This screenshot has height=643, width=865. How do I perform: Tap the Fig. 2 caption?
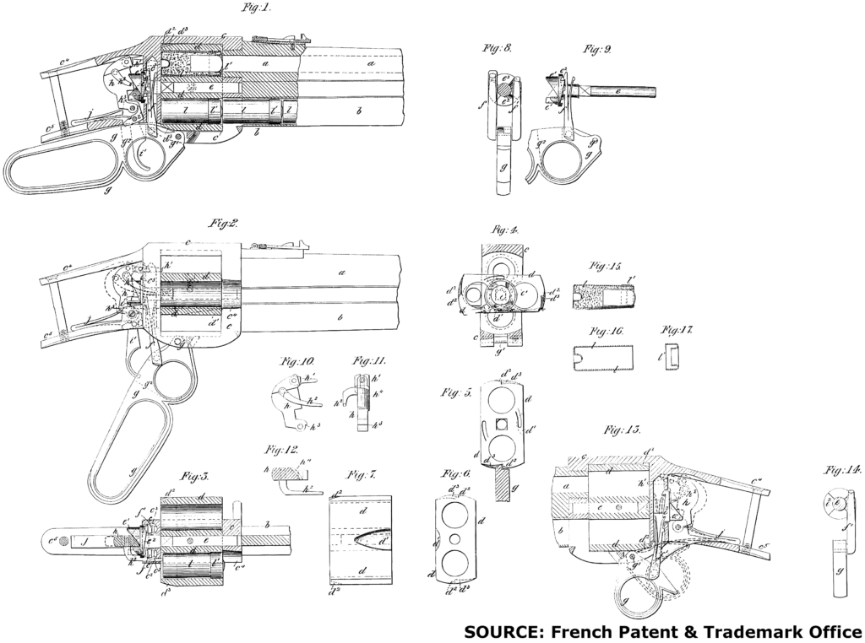click(224, 224)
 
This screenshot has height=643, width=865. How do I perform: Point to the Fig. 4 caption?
click(504, 229)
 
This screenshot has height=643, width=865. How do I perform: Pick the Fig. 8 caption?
click(498, 49)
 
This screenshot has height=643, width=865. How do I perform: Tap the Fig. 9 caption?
click(597, 49)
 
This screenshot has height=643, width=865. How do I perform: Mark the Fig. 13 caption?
click(621, 430)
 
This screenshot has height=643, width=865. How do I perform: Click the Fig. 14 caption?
click(841, 470)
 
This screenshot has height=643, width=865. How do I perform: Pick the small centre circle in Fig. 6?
click(455, 538)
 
